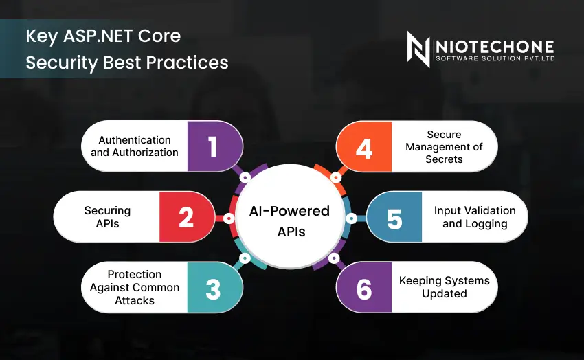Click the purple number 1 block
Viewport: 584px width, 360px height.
[213, 146]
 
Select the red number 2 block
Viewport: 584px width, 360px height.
[186, 217]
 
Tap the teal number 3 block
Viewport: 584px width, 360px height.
[213, 288]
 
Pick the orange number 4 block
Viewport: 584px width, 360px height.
[364, 147]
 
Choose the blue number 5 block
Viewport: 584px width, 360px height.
[394, 218]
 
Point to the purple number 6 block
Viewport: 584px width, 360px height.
[364, 288]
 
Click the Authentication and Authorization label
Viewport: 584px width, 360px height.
[135, 146]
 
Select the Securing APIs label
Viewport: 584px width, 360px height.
[107, 217]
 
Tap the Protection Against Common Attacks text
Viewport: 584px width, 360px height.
[135, 288]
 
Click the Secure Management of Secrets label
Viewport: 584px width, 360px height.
[444, 147]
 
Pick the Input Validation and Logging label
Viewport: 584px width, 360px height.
[475, 217]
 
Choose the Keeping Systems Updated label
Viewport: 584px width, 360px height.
[444, 287]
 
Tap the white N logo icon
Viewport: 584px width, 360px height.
[418, 49]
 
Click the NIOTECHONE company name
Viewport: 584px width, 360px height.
[494, 46]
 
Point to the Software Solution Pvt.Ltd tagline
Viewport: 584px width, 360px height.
[495, 59]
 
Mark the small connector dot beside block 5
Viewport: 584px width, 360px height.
[351, 218]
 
